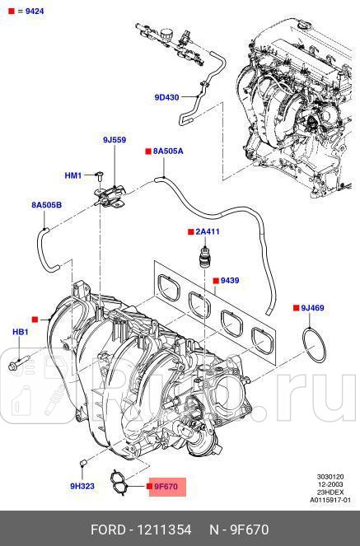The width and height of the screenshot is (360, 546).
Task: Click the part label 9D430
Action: [166, 98]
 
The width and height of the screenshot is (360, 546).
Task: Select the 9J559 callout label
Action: [114, 140]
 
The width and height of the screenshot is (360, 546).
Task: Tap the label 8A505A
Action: [168, 152]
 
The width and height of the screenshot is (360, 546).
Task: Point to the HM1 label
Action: [73, 175]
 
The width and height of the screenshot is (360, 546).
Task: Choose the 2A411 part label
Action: [208, 231]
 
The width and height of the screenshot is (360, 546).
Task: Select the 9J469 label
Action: [313, 308]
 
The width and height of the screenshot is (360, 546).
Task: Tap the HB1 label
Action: [20, 332]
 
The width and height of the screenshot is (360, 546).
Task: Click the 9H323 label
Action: [82, 486]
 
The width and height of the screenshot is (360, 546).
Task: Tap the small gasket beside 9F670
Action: [123, 483]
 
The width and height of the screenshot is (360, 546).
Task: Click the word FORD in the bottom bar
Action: [108, 528]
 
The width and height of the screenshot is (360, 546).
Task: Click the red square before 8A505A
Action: [147, 152]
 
